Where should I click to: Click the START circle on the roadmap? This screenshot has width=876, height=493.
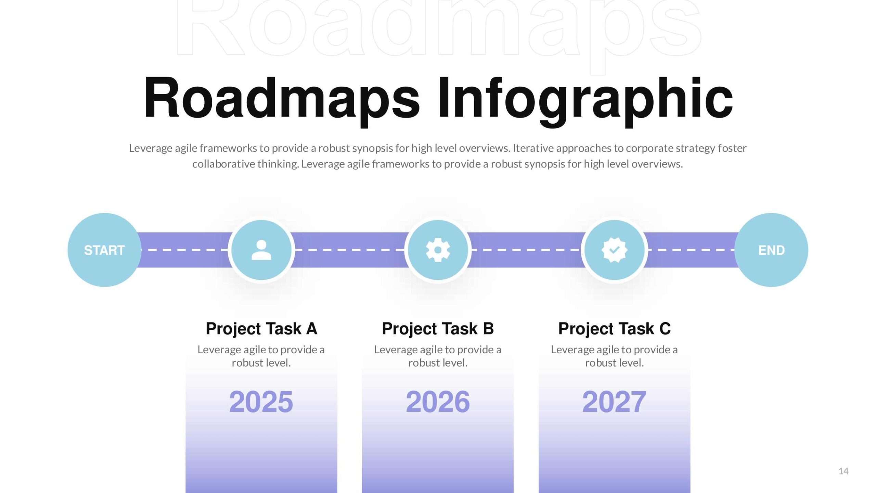coord(104,250)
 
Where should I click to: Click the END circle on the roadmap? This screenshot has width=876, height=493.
coord(771,250)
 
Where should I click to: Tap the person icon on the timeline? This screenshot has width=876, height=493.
coord(261,250)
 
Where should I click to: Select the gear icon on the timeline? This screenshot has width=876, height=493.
coord(438,250)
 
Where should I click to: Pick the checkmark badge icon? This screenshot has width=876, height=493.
coord(615,250)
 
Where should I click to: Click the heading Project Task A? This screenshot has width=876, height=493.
coord(261,329)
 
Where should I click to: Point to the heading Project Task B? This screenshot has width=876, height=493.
coord(438,329)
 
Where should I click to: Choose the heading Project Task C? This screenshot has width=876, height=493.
coord(615,329)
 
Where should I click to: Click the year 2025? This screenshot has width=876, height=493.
coord(261,402)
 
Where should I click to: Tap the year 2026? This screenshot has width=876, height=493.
coord(438,402)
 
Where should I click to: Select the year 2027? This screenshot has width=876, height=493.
coord(614,402)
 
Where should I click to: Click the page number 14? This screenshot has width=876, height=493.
coord(843,471)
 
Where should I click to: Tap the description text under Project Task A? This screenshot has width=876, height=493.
coord(261,356)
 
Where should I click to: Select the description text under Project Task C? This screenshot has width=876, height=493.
coord(614,356)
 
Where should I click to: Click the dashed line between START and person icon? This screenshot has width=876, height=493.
coord(185,250)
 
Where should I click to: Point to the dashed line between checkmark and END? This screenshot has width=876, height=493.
coord(691,250)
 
